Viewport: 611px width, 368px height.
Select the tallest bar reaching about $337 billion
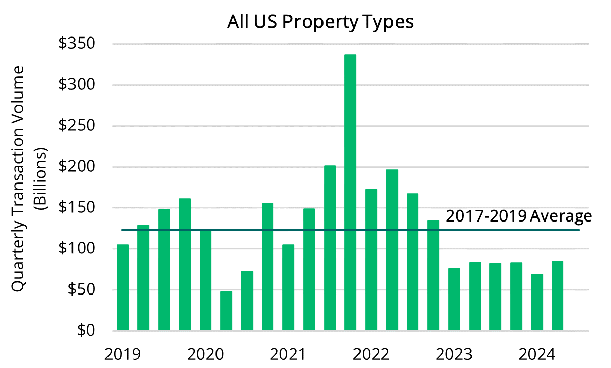[350, 193]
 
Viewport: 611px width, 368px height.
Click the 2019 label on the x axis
[122, 353]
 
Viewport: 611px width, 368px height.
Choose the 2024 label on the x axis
[537, 353]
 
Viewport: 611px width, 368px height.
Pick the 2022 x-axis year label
[371, 353]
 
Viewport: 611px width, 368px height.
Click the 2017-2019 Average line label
[519, 216]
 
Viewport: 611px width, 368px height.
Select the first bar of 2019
[123, 288]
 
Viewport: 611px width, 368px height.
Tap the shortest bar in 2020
[226, 311]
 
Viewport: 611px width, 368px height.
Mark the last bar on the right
[557, 296]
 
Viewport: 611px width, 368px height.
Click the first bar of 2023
[454, 299]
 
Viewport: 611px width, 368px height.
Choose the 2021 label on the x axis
[288, 353]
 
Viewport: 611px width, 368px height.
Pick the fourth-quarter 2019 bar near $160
[185, 264]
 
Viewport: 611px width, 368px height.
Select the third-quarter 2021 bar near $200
[330, 248]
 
